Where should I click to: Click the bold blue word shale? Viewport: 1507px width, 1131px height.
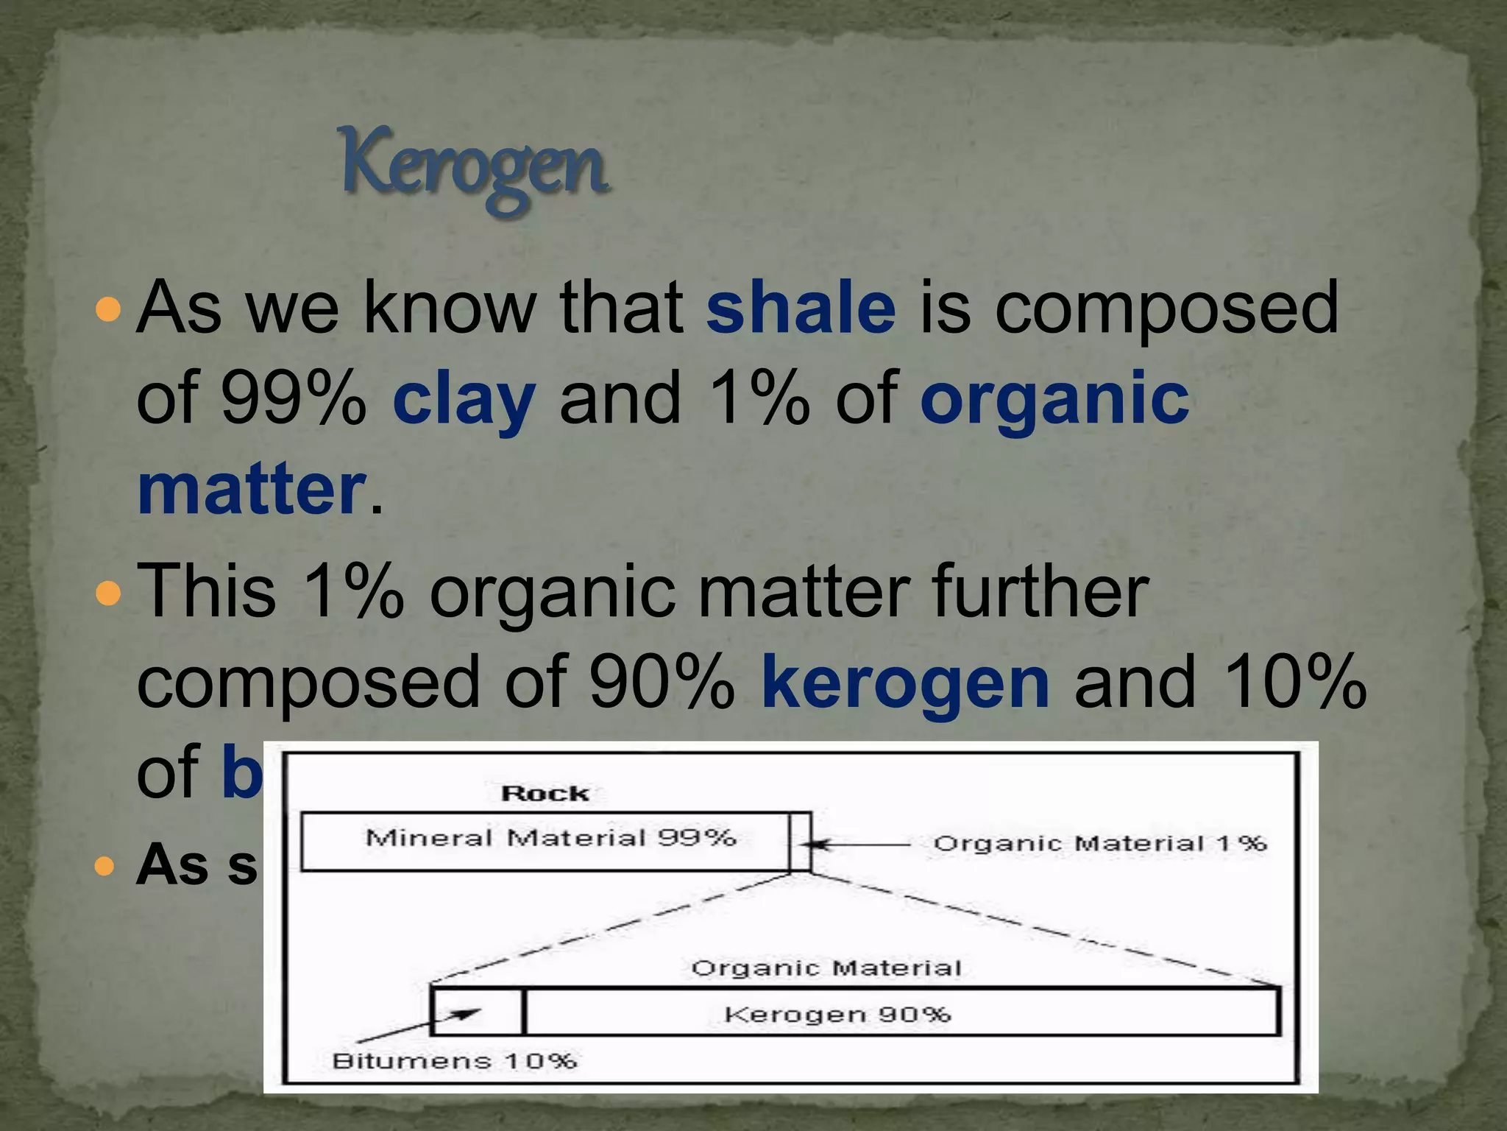(801, 308)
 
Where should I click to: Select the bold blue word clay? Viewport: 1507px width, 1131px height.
(464, 399)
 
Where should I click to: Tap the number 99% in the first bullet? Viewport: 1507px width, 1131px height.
(293, 399)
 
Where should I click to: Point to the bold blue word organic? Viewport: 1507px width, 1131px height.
(1054, 399)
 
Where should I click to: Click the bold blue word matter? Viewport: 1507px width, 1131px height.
(251, 490)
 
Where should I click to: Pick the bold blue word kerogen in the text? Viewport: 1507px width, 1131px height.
(905, 683)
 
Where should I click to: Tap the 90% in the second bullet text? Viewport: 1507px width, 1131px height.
(662, 683)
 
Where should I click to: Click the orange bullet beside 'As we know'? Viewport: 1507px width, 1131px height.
(107, 309)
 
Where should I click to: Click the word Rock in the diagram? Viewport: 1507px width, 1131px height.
(545, 794)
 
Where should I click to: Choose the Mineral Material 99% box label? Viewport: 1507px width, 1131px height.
(550, 838)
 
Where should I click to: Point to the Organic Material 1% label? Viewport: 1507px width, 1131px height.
(1099, 843)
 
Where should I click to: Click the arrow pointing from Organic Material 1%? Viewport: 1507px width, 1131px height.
(861, 845)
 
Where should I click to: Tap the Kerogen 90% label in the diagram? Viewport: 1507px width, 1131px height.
(837, 1015)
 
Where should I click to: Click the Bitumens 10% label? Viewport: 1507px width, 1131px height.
(454, 1061)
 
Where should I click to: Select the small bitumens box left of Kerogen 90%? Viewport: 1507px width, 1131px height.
(477, 1012)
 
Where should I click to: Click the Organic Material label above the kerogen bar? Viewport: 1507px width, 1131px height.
(826, 968)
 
